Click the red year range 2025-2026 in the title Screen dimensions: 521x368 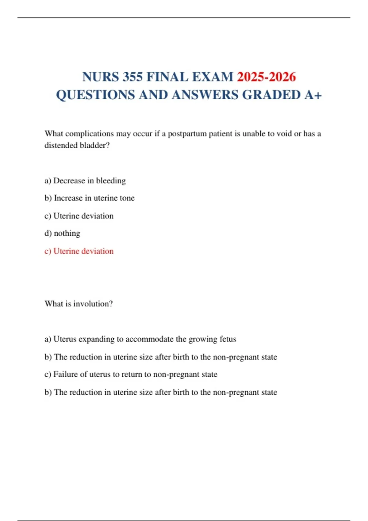tap(266, 77)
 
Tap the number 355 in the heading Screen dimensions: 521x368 tap(132, 77)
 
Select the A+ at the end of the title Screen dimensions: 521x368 tap(313, 95)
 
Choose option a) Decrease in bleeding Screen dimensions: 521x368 tap(85, 181)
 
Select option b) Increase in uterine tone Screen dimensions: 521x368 tap(89, 198)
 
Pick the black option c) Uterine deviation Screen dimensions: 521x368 tap(79, 216)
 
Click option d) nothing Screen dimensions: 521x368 tap(62, 234)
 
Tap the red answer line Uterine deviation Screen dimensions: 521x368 tap(79, 251)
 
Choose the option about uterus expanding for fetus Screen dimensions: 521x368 tap(140, 339)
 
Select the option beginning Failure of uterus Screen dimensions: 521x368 tap(131, 375)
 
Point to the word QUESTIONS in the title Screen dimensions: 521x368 tap(95, 95)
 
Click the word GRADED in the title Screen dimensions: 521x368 tap(271, 95)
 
